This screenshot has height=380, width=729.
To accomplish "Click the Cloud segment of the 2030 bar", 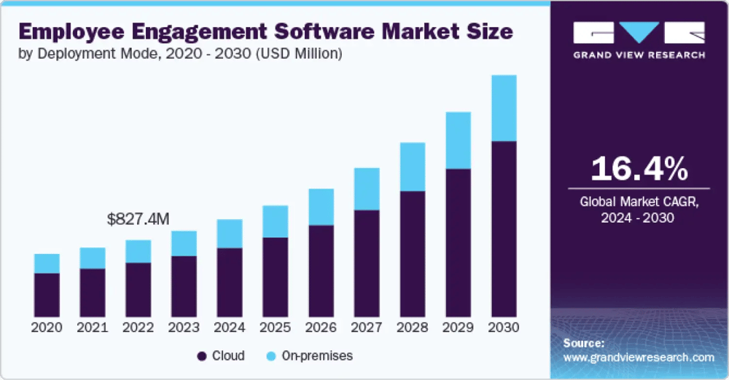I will (504, 229).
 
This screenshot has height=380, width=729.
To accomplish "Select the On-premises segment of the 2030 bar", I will (504, 108).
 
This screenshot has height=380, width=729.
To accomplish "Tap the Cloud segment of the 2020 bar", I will (47, 294).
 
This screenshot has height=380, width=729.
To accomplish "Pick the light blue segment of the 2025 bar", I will (275, 221).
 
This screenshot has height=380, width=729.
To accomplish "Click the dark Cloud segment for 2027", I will (367, 263).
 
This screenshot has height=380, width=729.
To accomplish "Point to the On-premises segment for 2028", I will (413, 167).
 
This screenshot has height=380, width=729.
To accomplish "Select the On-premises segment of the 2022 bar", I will (138, 251).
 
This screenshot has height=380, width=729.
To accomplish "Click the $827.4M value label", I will (138, 218).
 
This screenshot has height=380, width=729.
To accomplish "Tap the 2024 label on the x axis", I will (230, 328).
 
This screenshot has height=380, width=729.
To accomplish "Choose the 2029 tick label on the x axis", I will (458, 328).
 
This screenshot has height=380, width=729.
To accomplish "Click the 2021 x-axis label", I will (93, 328).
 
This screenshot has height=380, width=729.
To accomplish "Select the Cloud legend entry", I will (221, 356).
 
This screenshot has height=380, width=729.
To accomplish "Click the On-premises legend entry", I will (310, 356).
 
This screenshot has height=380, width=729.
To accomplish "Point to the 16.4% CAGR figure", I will (639, 169).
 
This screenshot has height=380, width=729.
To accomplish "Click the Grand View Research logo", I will (639, 40).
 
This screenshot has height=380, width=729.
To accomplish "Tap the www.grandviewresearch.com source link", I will (639, 357).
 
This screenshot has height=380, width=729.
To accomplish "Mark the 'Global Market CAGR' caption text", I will (639, 202).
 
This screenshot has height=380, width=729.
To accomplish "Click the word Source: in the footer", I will (584, 343).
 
